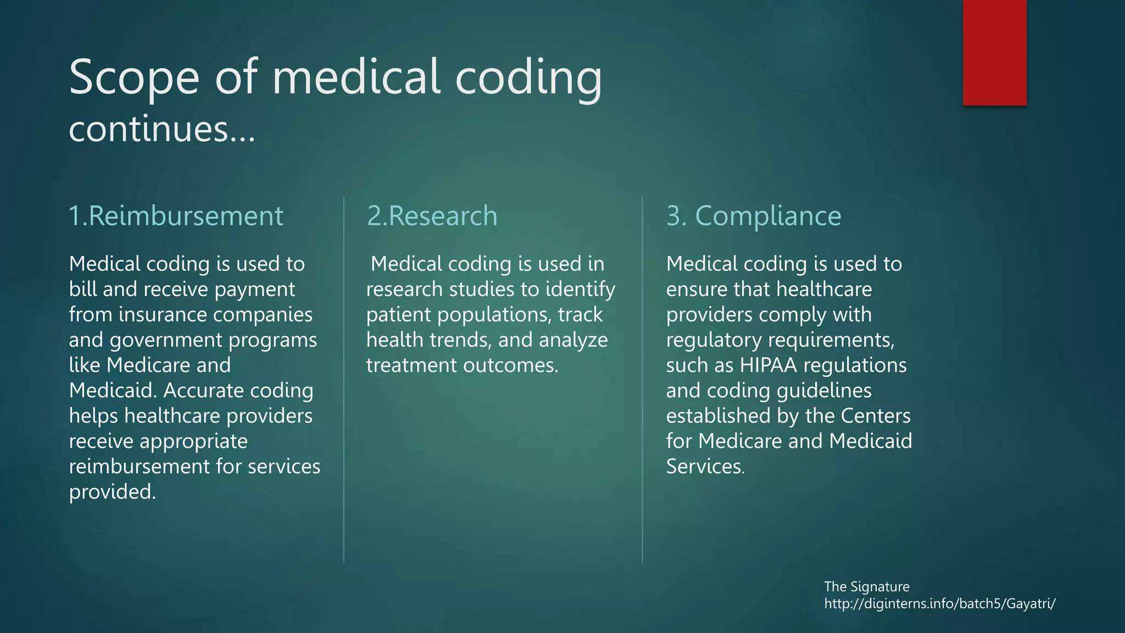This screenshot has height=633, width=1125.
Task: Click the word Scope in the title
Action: tap(134, 78)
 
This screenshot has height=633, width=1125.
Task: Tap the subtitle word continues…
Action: tap(162, 130)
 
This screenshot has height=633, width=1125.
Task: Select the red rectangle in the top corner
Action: tap(994, 52)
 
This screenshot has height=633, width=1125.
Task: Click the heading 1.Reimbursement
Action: tap(176, 216)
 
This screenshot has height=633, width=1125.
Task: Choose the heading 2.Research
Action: tap(432, 216)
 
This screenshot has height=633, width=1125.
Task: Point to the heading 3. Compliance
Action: tap(754, 216)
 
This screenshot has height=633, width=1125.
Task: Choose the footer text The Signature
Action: tap(866, 587)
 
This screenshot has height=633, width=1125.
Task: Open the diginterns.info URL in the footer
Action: tap(939, 604)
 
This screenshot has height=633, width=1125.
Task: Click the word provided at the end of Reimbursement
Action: tap(112, 492)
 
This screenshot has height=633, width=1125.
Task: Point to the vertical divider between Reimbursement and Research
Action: tap(344, 379)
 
